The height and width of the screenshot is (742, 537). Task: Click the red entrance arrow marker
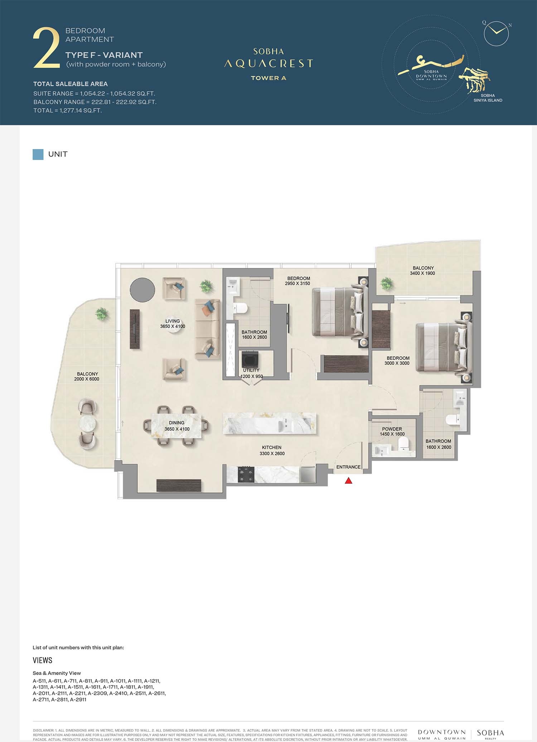coord(348,481)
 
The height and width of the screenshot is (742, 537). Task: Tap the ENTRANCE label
coord(348,467)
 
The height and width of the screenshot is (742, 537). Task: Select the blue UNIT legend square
coord(38,154)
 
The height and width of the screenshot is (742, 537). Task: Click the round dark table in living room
coord(142,289)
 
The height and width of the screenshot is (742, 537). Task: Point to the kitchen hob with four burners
coord(246,475)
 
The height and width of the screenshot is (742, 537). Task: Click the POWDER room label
coord(392,429)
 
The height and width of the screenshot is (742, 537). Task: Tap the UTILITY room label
coord(251,370)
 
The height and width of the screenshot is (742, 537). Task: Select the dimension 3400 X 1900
coord(422,273)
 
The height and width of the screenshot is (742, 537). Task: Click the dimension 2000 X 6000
coord(87,379)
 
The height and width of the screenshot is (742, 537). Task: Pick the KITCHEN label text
coord(272,447)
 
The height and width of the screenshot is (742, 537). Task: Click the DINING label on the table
coord(176,423)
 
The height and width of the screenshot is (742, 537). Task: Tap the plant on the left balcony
coord(101,315)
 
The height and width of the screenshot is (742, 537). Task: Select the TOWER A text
coord(268,78)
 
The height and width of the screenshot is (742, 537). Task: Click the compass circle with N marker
coord(496,33)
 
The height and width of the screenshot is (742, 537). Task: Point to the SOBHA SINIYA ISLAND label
coord(488,98)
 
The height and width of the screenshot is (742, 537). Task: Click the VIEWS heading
coord(42,660)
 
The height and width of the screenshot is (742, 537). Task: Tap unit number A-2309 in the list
coord(97,693)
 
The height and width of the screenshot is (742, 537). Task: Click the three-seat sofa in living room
coord(208,329)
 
